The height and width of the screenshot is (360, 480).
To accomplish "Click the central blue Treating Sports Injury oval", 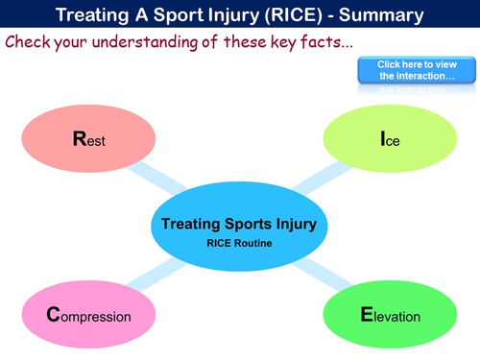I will pyautogui.click(x=240, y=230).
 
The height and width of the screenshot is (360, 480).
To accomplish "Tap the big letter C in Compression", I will pyautogui.click(x=54, y=315).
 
